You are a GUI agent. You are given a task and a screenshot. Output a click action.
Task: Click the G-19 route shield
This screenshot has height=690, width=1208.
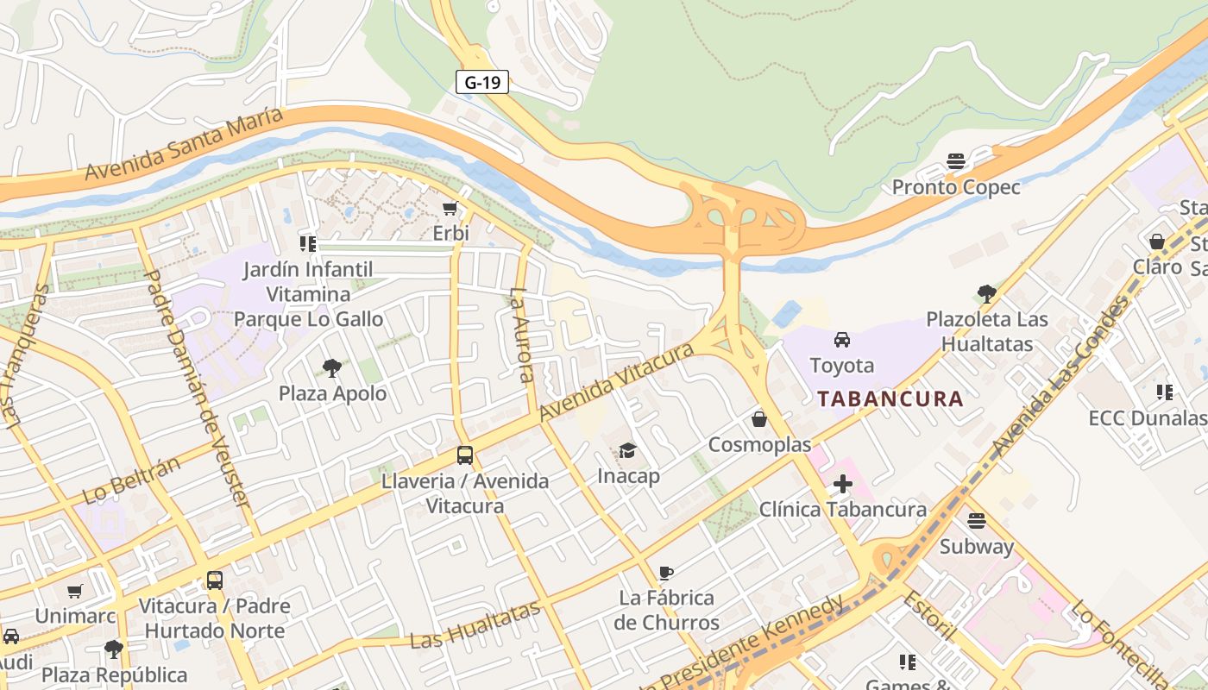[482, 82]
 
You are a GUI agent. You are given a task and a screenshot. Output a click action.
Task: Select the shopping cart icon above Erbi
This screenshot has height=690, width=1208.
[450, 209]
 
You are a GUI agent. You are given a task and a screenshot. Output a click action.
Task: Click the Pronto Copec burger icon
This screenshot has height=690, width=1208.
[955, 161]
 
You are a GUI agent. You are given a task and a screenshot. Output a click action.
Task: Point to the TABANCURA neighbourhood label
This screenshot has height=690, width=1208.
[890, 398]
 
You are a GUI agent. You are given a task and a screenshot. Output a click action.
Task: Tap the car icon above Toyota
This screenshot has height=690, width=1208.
[842, 340]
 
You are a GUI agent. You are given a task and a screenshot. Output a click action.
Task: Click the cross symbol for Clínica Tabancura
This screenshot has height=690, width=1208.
[842, 484]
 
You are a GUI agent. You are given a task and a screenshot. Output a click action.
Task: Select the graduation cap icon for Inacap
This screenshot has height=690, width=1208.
[628, 450]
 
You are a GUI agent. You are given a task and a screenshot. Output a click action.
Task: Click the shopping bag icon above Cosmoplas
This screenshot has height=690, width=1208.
[759, 419]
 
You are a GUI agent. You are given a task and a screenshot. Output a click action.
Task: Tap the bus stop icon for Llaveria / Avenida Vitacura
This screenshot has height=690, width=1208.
[465, 455]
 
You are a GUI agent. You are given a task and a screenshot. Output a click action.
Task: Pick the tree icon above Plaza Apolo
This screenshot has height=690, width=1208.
[332, 368]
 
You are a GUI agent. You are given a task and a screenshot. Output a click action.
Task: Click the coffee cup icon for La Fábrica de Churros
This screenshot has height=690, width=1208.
[665, 573]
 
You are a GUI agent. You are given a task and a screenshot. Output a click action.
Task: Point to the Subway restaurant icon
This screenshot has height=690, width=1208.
[977, 521]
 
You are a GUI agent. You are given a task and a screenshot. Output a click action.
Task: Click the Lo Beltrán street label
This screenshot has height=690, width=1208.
[131, 480]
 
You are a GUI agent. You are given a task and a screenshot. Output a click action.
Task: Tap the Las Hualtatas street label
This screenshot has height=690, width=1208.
[475, 625]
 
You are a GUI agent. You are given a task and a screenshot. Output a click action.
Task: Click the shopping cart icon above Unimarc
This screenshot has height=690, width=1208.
[75, 592]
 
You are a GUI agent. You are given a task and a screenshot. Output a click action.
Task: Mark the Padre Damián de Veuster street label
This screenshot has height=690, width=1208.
[198, 388]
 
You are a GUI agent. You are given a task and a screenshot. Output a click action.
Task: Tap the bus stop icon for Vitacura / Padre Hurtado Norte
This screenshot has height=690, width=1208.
[215, 580]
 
